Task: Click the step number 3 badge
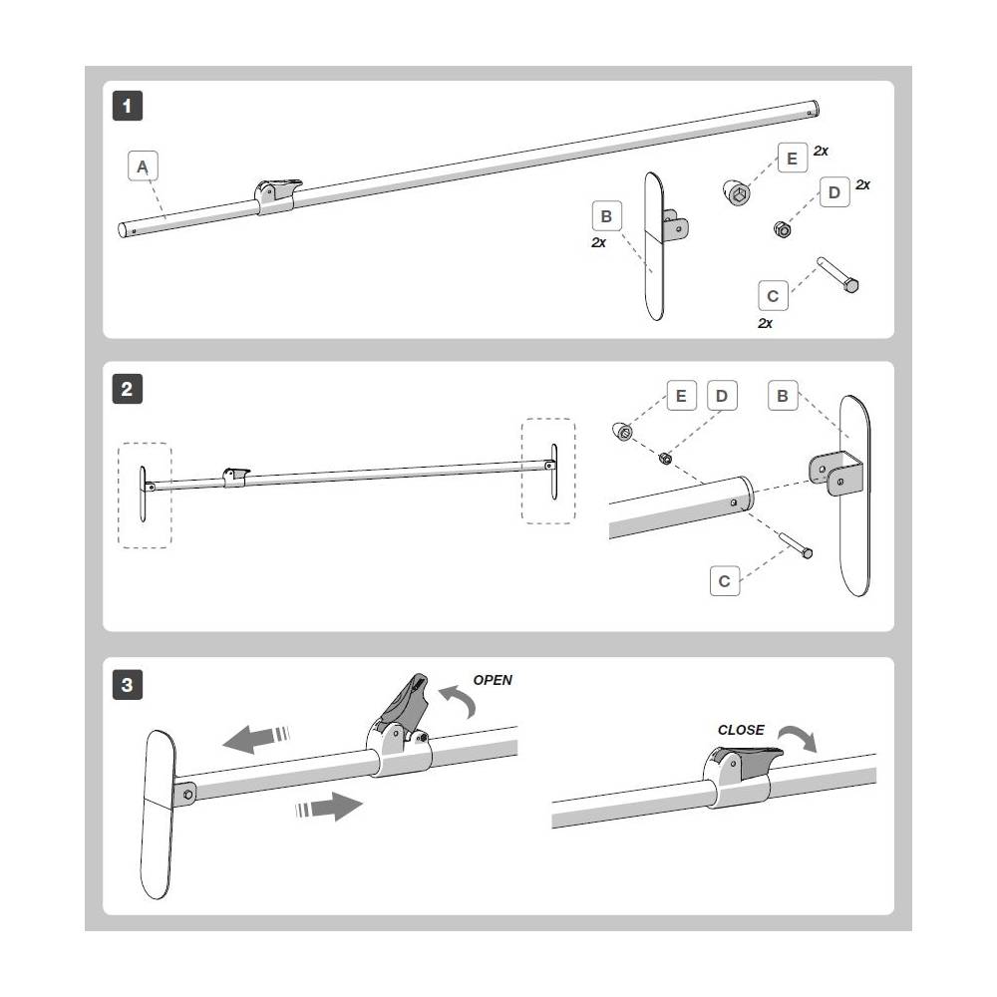coord(128,685)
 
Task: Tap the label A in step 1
coord(144,166)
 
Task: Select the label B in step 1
coord(607,215)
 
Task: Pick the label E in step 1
coord(792,160)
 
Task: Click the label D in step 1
coord(833,192)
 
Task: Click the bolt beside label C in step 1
coord(839,275)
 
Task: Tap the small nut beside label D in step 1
coord(783,230)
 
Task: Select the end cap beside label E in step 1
coord(735,192)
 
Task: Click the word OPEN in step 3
coord(493,681)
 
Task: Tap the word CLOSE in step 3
coord(741,730)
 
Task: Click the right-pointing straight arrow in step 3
coord(329,806)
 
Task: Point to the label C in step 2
coord(725,580)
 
